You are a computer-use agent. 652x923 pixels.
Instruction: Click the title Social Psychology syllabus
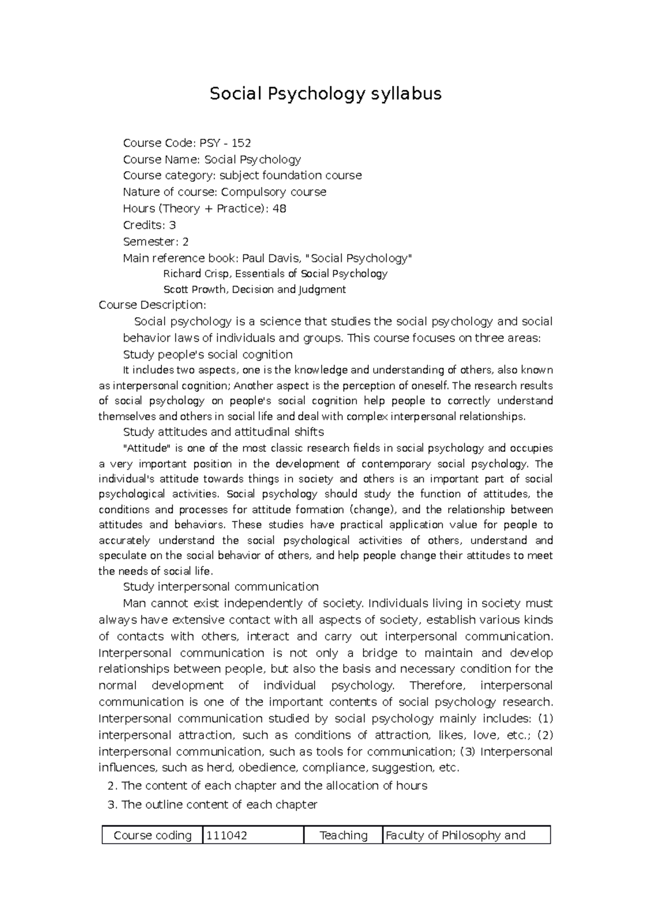click(x=325, y=94)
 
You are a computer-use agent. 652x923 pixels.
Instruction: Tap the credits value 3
click(x=172, y=225)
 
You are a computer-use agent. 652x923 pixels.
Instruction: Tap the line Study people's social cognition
click(x=208, y=354)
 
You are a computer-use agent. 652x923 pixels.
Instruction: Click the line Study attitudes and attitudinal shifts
click(x=223, y=432)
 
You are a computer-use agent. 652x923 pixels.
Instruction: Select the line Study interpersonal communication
click(x=221, y=587)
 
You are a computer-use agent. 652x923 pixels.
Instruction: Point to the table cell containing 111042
click(x=253, y=835)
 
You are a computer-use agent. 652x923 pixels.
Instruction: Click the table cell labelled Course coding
click(x=153, y=835)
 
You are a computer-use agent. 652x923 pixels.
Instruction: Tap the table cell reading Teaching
click(x=343, y=835)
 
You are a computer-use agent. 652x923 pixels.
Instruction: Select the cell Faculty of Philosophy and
click(x=466, y=835)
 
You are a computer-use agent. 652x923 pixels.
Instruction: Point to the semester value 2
click(x=185, y=241)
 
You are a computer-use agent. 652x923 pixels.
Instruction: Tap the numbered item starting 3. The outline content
click(x=212, y=804)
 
